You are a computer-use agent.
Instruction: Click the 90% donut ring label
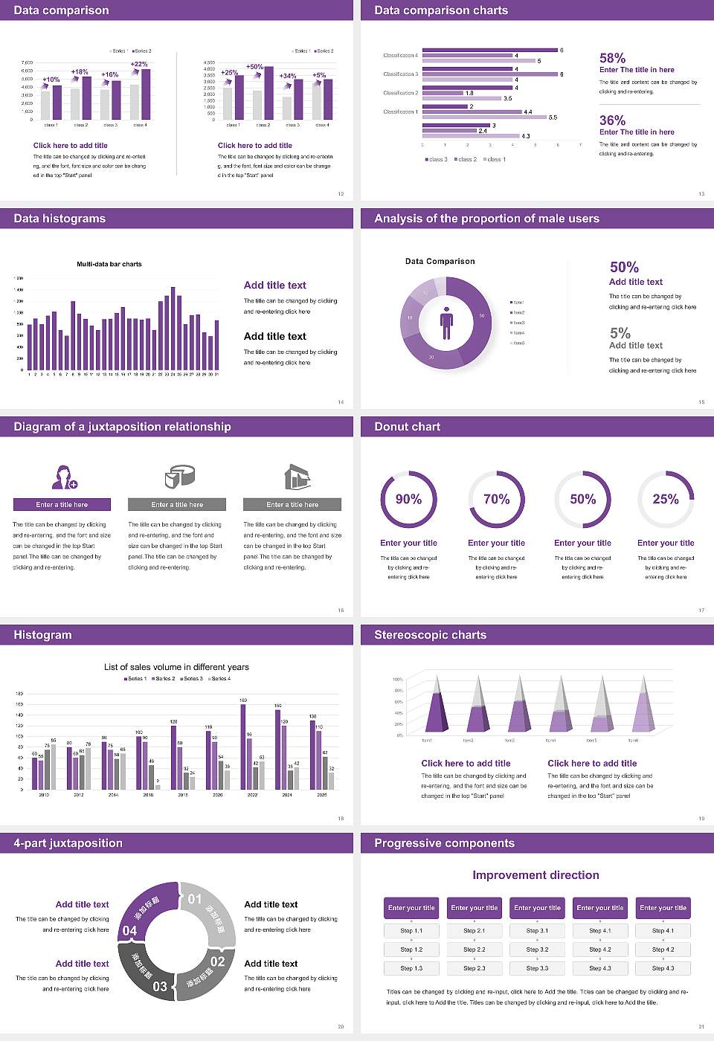click(x=408, y=499)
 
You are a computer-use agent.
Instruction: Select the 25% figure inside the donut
click(x=666, y=499)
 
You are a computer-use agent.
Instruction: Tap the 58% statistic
click(x=612, y=58)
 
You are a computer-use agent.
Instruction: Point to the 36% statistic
click(x=612, y=120)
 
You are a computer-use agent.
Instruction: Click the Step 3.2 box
click(x=537, y=950)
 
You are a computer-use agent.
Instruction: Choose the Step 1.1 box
click(x=411, y=931)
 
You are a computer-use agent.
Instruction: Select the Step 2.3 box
click(x=475, y=968)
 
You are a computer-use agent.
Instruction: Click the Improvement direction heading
click(x=535, y=875)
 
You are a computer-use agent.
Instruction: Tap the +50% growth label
click(x=254, y=67)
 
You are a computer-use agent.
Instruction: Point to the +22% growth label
click(x=139, y=64)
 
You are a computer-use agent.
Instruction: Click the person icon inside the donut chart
click(x=446, y=322)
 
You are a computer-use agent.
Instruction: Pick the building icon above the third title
click(x=297, y=477)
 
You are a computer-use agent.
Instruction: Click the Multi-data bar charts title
click(x=109, y=264)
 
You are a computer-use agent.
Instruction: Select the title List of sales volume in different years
click(x=176, y=667)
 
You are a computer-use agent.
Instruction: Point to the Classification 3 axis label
click(x=400, y=74)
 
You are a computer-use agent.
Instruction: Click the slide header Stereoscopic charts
click(x=430, y=635)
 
